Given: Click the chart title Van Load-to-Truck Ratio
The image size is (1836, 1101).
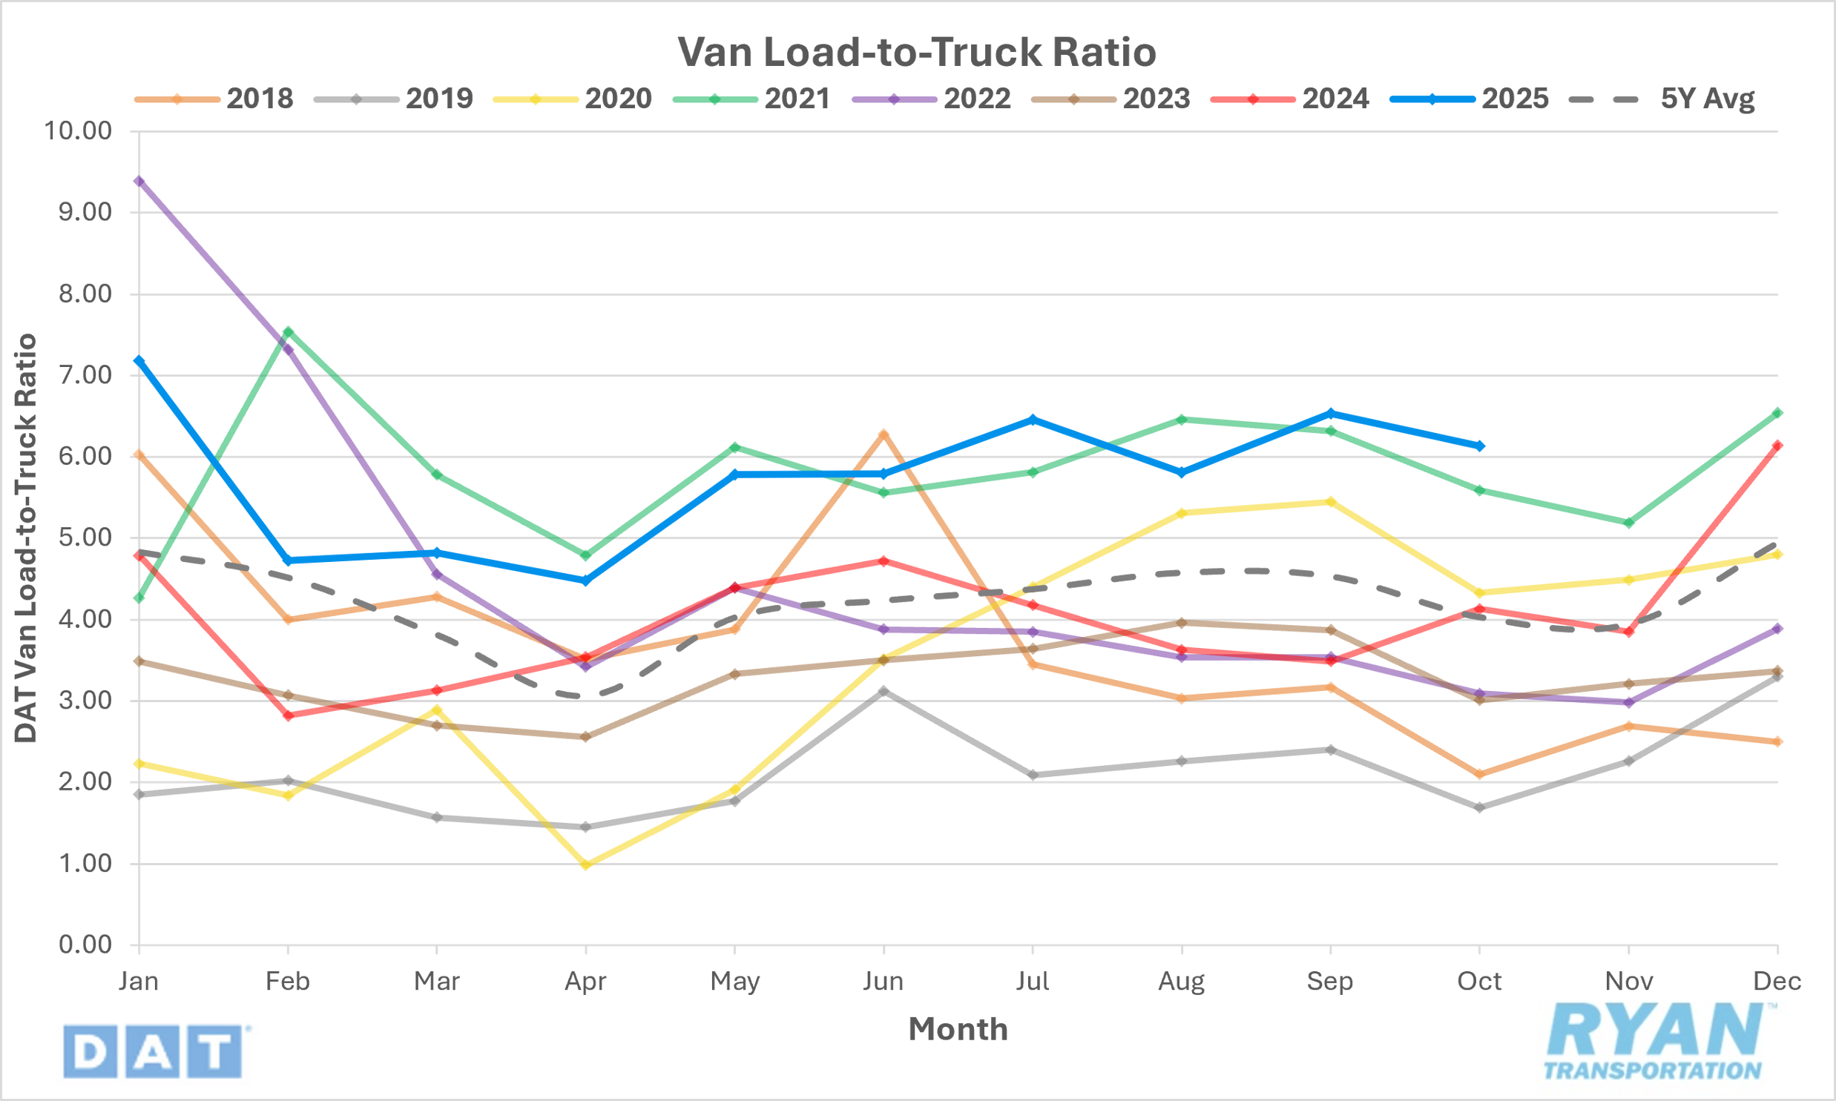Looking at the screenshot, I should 916,52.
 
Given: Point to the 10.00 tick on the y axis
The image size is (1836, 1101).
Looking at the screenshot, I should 78,131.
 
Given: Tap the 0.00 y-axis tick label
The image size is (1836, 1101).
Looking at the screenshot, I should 85,945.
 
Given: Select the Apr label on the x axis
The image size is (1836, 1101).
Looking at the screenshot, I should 585,982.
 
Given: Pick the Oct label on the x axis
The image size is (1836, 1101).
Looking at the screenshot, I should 1479,982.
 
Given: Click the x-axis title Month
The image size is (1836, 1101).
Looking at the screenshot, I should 958,1029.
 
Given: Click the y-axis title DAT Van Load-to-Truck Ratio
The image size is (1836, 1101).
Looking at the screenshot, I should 26,538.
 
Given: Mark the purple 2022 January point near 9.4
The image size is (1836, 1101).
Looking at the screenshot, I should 139,181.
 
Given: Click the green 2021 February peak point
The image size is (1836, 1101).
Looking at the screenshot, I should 288,331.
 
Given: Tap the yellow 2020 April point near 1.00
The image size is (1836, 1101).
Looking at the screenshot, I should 585,864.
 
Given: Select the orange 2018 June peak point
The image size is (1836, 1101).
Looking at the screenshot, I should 883,434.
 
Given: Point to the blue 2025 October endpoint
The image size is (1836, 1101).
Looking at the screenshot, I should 1479,446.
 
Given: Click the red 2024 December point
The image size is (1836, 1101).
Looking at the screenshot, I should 1777,446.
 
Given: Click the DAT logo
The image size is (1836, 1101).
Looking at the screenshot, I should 154,1051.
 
